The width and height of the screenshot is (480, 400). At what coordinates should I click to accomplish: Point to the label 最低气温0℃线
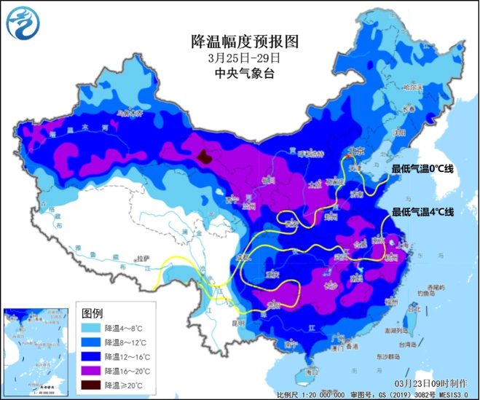point(422,169)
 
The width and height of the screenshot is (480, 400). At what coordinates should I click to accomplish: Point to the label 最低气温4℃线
point(422,212)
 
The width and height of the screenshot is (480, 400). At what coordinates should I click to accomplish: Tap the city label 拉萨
point(145,259)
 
